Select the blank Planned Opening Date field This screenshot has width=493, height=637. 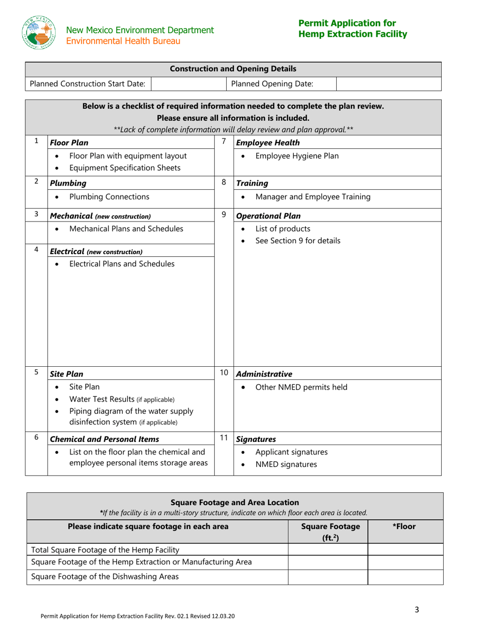coord(389,84)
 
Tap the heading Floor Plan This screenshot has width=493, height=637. coord(69,142)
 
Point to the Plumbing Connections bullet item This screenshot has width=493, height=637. coord(109,197)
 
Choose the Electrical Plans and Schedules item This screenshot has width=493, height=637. coord(122,264)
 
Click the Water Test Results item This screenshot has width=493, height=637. coord(121,399)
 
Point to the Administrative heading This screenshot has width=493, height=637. coord(264,374)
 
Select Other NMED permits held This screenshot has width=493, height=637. coord(302,387)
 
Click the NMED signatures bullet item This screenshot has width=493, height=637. coord(286,464)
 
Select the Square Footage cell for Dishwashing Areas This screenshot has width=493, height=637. coord(327,577)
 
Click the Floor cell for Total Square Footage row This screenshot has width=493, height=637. coord(405,549)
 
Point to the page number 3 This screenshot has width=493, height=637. coord(417,610)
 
